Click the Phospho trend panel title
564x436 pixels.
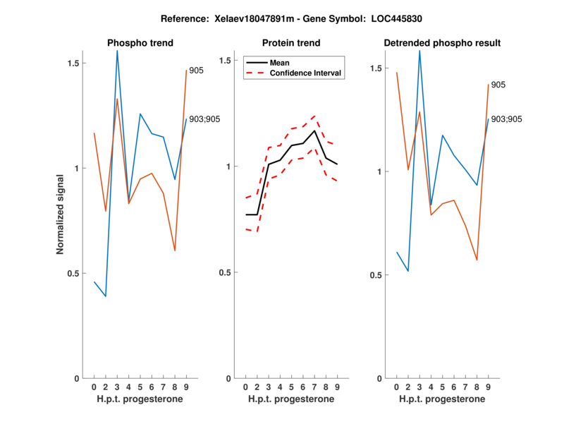pyautogui.click(x=140, y=43)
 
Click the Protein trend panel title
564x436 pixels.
pyautogui.click(x=290, y=43)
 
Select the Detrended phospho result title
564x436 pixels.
pyautogui.click(x=442, y=43)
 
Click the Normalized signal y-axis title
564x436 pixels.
pyautogui.click(x=61, y=214)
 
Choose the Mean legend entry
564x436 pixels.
pyautogui.click(x=279, y=63)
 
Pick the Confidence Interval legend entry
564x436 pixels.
pyautogui.click(x=306, y=73)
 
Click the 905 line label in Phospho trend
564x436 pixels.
pyautogui.click(x=197, y=70)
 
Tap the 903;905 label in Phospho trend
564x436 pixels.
pyautogui.click(x=204, y=119)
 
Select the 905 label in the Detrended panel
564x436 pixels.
pyautogui.click(x=498, y=85)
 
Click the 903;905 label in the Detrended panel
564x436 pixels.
pyautogui.click(x=506, y=119)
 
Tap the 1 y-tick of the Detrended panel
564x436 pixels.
pyautogui.click(x=380, y=171)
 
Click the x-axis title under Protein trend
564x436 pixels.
pyautogui.click(x=290, y=399)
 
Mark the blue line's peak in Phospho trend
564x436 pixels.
pyautogui.click(x=117, y=51)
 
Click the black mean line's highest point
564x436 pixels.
pyautogui.click(x=314, y=131)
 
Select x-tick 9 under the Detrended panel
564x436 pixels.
pyautogui.click(x=488, y=387)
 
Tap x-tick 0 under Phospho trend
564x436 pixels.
pyautogui.click(x=94, y=387)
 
